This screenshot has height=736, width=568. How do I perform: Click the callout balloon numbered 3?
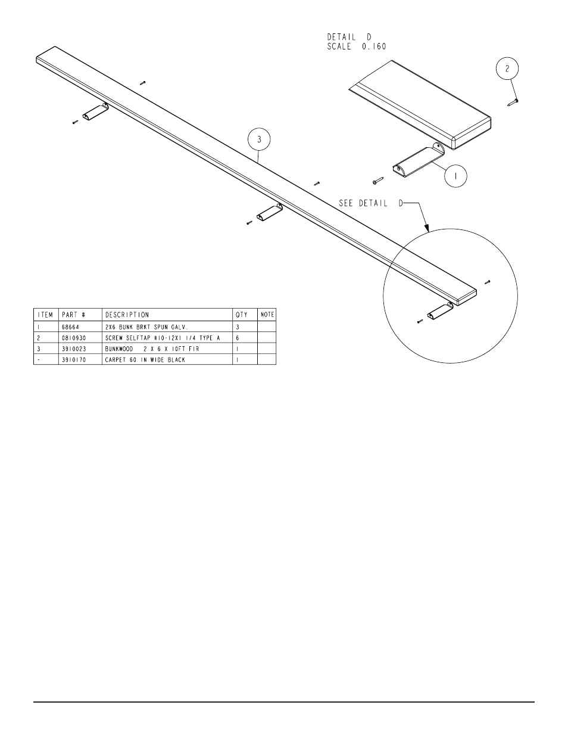(259, 140)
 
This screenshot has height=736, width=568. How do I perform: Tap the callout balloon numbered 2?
(507, 69)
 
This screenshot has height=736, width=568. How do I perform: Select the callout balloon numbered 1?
(455, 176)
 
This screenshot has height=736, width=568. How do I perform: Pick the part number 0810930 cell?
(73, 337)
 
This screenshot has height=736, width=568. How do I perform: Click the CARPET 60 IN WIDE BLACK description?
(145, 359)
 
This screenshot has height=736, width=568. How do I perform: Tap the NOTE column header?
(267, 315)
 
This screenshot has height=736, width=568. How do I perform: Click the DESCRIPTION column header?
(127, 315)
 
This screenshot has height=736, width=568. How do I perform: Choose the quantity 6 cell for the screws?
(238, 337)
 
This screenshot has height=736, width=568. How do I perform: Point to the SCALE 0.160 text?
(357, 46)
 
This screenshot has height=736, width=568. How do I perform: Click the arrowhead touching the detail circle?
(426, 228)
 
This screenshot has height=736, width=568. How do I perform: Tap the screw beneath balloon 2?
(512, 102)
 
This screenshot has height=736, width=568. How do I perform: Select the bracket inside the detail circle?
(439, 310)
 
